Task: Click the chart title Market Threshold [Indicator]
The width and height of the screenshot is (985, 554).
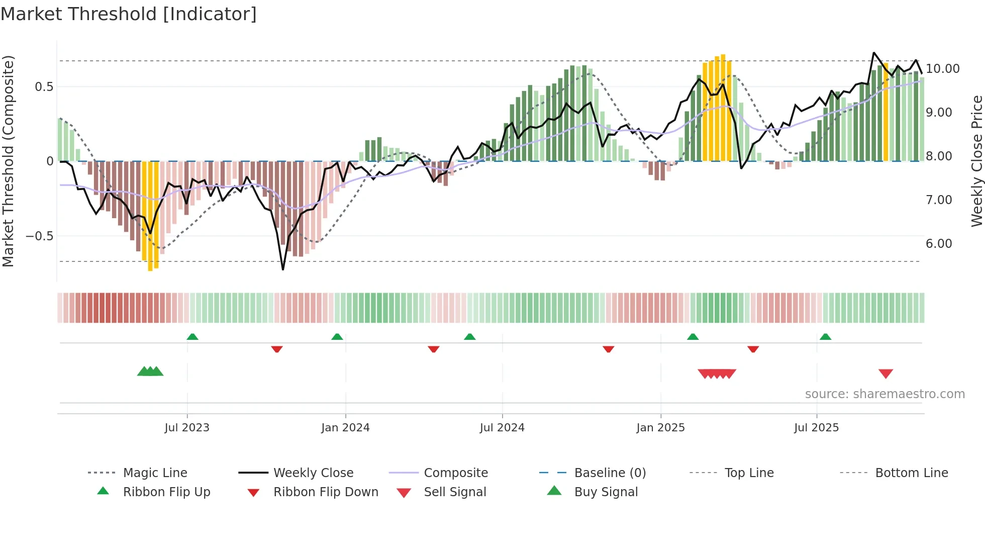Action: (129, 14)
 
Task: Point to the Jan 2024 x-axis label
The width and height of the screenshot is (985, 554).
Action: (345, 428)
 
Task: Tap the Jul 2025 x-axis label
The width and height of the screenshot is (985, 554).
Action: (816, 428)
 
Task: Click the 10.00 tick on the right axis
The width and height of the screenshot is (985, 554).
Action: (942, 69)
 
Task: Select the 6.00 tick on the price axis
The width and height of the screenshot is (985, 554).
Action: (939, 244)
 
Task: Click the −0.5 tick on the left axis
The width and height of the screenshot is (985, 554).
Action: (39, 236)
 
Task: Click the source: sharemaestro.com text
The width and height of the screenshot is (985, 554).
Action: (884, 394)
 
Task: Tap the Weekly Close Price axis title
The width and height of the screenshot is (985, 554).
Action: (976, 161)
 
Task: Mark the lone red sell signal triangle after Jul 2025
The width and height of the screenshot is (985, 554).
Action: (885, 374)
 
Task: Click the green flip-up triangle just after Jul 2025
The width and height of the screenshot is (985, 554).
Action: (825, 337)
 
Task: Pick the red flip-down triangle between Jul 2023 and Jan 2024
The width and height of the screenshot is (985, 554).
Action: (276, 349)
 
